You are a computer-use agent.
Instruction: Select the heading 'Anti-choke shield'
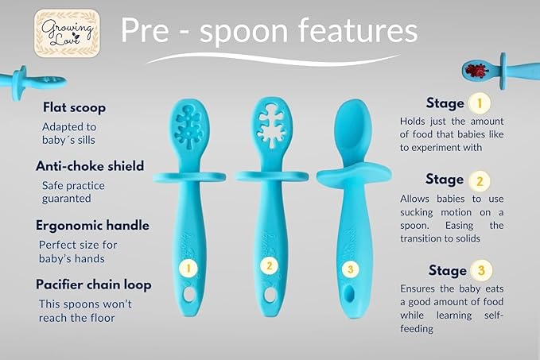click(90, 166)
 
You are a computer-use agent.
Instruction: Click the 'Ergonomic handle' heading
click(92, 226)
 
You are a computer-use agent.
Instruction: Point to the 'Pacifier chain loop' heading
click(93, 285)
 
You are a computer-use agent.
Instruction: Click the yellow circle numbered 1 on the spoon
click(188, 268)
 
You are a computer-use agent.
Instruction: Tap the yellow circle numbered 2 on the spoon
click(269, 266)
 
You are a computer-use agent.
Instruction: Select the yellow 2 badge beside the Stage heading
click(477, 180)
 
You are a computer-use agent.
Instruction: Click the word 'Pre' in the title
click(148, 32)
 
